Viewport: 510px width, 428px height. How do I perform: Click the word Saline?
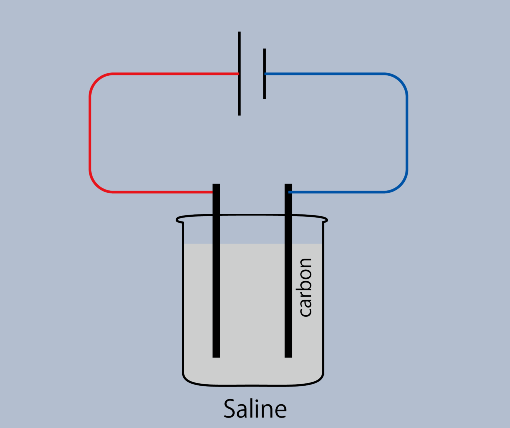(x=255, y=408)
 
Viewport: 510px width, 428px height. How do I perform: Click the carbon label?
(x=305, y=287)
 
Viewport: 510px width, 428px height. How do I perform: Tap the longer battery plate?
(x=239, y=74)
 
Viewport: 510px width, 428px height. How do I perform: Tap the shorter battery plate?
(x=265, y=74)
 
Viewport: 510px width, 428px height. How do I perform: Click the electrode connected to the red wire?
(x=216, y=271)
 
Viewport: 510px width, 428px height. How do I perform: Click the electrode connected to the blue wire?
(x=288, y=271)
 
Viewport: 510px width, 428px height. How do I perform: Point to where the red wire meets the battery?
(x=239, y=74)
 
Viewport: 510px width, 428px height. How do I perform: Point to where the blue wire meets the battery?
(x=265, y=74)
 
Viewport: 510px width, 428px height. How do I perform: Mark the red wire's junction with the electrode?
(x=213, y=192)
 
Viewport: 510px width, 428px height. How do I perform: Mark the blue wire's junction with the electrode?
(x=289, y=192)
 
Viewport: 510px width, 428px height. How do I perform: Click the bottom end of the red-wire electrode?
(x=216, y=357)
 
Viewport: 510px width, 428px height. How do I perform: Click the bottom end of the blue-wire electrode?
(x=288, y=357)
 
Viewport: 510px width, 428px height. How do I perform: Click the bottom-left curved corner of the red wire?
(x=96, y=186)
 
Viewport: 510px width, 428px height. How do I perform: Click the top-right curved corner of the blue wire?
(x=400, y=80)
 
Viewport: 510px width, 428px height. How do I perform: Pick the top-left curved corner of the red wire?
(x=96, y=80)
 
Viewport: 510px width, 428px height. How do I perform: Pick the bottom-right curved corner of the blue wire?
(x=400, y=186)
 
